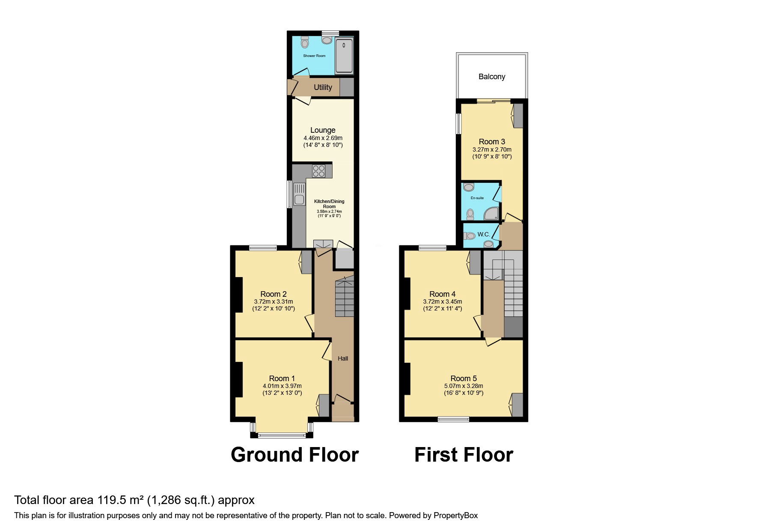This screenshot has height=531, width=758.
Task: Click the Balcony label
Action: [491, 77]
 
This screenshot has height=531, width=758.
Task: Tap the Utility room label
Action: [323, 87]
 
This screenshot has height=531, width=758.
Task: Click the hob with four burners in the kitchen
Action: [319, 171]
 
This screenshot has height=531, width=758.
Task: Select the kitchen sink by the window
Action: [298, 200]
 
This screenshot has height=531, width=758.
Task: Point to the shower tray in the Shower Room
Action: [344, 56]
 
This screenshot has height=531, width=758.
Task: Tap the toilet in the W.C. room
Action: [470, 236]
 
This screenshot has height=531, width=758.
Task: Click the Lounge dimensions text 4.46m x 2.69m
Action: [323, 138]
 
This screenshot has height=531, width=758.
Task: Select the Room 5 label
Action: [464, 379]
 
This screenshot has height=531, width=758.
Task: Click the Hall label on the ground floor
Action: [343, 358]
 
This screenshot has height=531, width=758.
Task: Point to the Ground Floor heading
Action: [294, 454]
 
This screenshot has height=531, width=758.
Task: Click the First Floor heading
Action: [464, 454]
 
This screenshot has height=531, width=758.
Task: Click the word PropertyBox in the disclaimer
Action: [455, 516]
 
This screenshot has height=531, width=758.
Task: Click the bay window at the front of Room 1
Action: [282, 436]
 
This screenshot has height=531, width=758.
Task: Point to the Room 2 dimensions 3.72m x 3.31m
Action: [273, 301]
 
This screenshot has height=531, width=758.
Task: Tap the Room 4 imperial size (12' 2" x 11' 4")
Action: [442, 308]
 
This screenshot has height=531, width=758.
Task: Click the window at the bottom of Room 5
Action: [453, 419]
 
